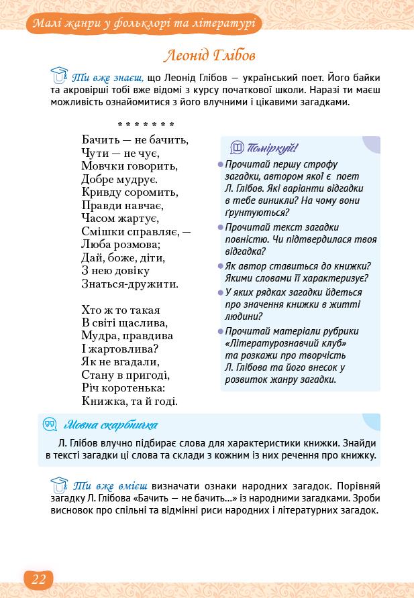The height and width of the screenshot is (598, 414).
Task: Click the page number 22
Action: [x=38, y=579]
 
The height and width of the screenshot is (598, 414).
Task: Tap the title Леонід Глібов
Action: [x=209, y=55]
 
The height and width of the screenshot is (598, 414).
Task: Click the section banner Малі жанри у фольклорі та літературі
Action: [x=144, y=25]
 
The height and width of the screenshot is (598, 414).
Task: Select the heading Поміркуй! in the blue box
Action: [x=272, y=148]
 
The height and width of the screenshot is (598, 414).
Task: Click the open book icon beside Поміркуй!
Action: [x=237, y=148]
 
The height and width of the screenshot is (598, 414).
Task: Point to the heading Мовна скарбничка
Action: [x=111, y=424]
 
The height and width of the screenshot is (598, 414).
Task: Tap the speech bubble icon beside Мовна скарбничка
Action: [x=50, y=424]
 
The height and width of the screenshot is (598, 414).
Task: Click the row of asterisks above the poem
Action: [x=146, y=125]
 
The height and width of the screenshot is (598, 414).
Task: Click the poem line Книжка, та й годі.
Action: [x=130, y=402]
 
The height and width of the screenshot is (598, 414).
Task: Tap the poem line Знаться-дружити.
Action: [x=130, y=284]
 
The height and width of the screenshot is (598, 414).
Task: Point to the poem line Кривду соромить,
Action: [x=130, y=192]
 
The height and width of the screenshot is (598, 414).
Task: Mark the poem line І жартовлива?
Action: [x=119, y=349]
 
